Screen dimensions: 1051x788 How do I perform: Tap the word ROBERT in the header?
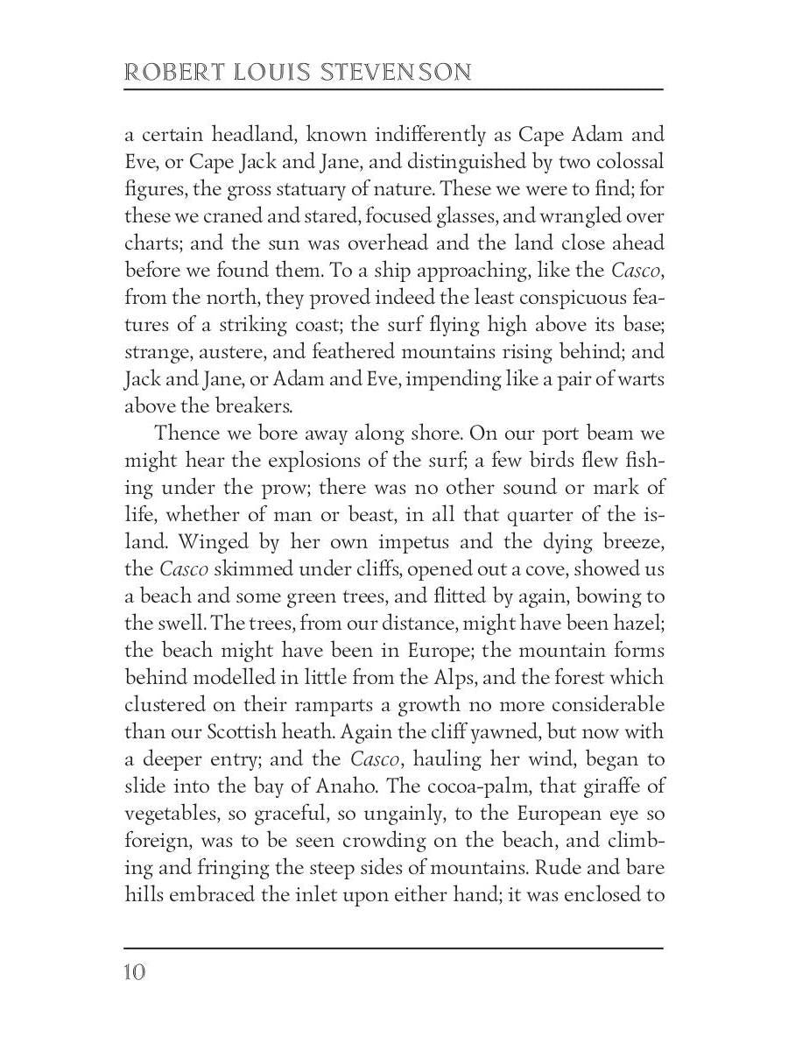click(165, 72)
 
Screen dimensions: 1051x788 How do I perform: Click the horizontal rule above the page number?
click(394, 947)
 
